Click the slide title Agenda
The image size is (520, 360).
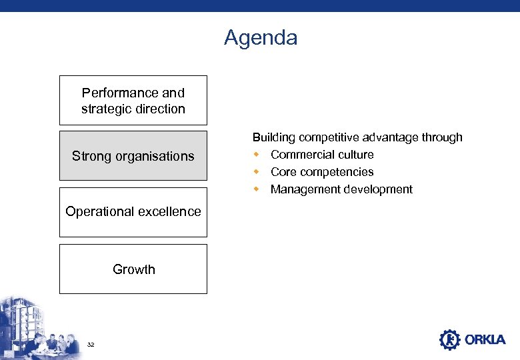pyautogui.click(x=261, y=38)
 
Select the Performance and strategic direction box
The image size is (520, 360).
pyautogui.click(x=133, y=101)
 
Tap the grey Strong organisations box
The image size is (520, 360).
pyautogui.click(x=133, y=156)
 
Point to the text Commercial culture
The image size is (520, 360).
pyautogui.click(x=322, y=155)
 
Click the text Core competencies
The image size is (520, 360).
pyautogui.click(x=322, y=172)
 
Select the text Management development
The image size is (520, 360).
pyautogui.click(x=341, y=189)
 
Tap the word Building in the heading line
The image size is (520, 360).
pyautogui.click(x=274, y=137)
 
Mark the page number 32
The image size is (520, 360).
pyautogui.click(x=91, y=344)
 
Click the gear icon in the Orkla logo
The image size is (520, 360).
pyautogui.click(x=450, y=339)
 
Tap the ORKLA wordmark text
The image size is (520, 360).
pyautogui.click(x=485, y=340)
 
